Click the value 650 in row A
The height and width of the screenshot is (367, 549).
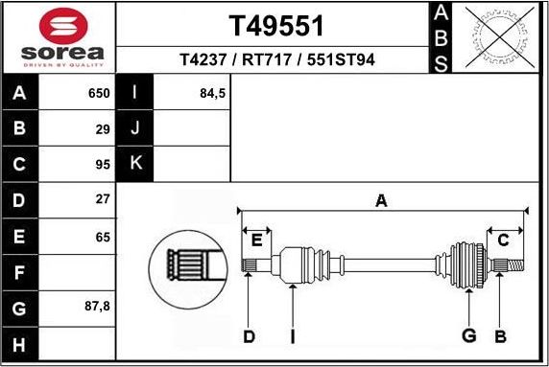tap(99, 95)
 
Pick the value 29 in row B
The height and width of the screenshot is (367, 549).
tap(103, 127)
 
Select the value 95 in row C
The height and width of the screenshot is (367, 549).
tap(103, 163)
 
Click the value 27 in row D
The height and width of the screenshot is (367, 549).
tap(103, 200)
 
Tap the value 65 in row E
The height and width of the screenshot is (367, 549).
tap(103, 237)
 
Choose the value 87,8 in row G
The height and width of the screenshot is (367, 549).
tap(98, 309)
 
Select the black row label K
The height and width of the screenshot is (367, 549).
tap(135, 163)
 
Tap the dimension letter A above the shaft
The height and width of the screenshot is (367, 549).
tap(381, 200)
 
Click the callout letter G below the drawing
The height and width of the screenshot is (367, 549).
tap(469, 335)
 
